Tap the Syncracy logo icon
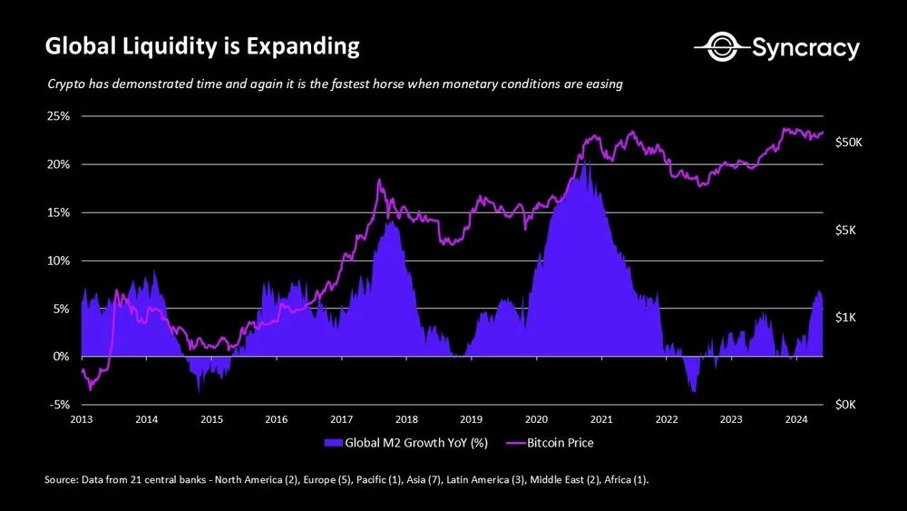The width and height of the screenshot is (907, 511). [x=711, y=46]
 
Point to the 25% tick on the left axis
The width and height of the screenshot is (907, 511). [x=60, y=117]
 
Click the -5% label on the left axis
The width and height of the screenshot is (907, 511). [x=60, y=405]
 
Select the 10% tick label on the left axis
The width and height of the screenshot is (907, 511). [x=60, y=260]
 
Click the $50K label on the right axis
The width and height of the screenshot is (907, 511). [x=852, y=142]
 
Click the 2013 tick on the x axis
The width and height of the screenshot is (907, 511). [x=82, y=419]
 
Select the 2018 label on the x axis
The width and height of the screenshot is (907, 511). [x=406, y=419]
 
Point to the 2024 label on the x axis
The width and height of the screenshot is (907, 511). [x=796, y=419]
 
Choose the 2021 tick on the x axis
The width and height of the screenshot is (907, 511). [x=601, y=419]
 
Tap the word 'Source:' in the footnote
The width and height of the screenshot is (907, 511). [x=63, y=479]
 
